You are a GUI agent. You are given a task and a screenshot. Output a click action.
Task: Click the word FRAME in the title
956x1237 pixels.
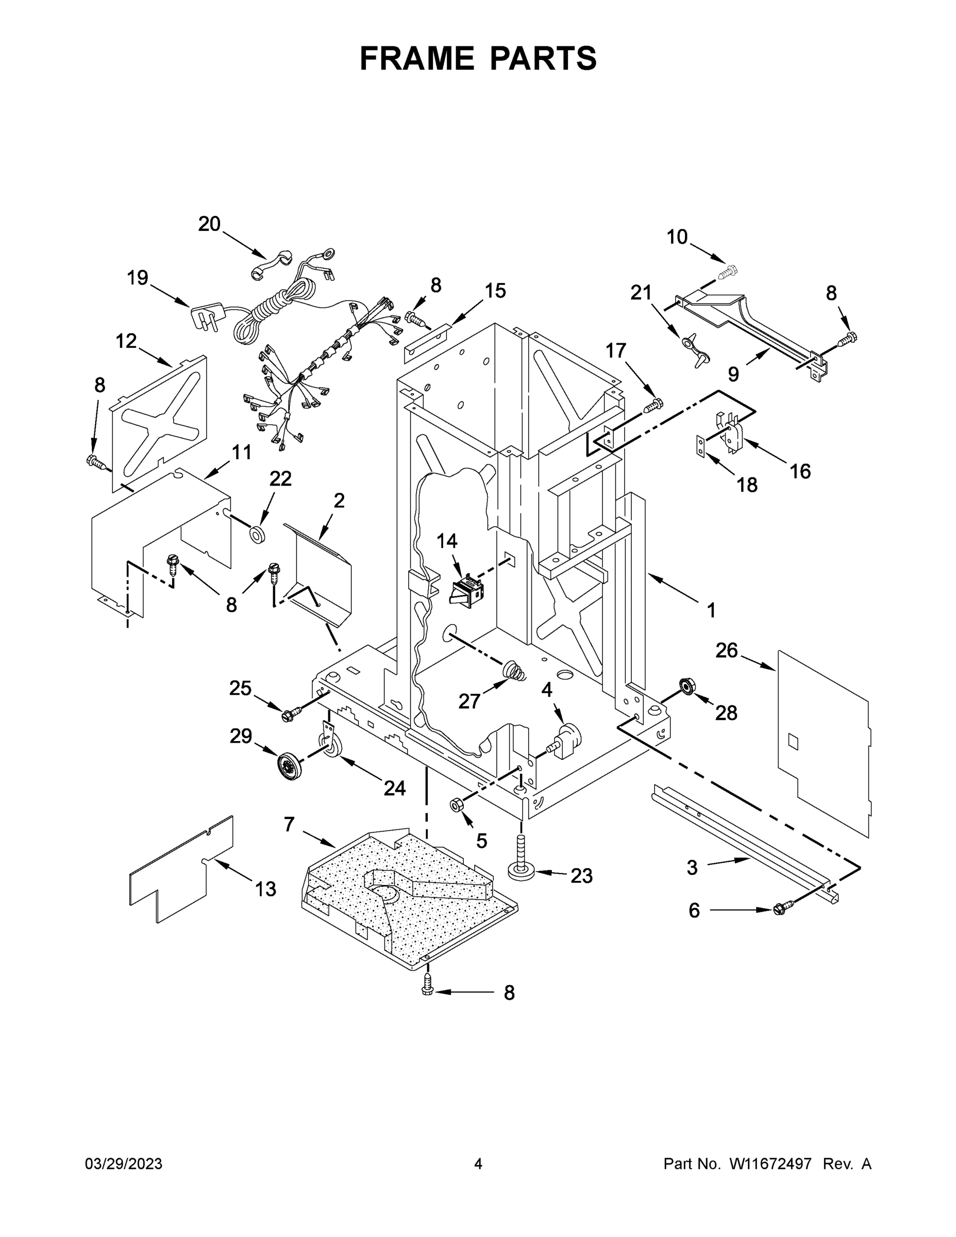tap(417, 58)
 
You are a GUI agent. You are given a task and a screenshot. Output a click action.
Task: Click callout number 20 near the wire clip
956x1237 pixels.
tap(209, 224)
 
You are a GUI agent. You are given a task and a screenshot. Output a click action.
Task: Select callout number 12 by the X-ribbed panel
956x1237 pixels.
tap(126, 341)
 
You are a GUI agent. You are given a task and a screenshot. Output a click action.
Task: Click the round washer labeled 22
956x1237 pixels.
tap(258, 534)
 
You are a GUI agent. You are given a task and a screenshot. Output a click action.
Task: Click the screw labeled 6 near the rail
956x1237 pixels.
tap(780, 910)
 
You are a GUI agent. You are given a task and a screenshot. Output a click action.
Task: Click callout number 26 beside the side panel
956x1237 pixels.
tap(726, 650)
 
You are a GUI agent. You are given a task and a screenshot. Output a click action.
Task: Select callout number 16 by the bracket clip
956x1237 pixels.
tap(800, 471)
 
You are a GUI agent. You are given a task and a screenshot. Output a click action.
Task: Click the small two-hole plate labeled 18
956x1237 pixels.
tap(701, 446)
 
